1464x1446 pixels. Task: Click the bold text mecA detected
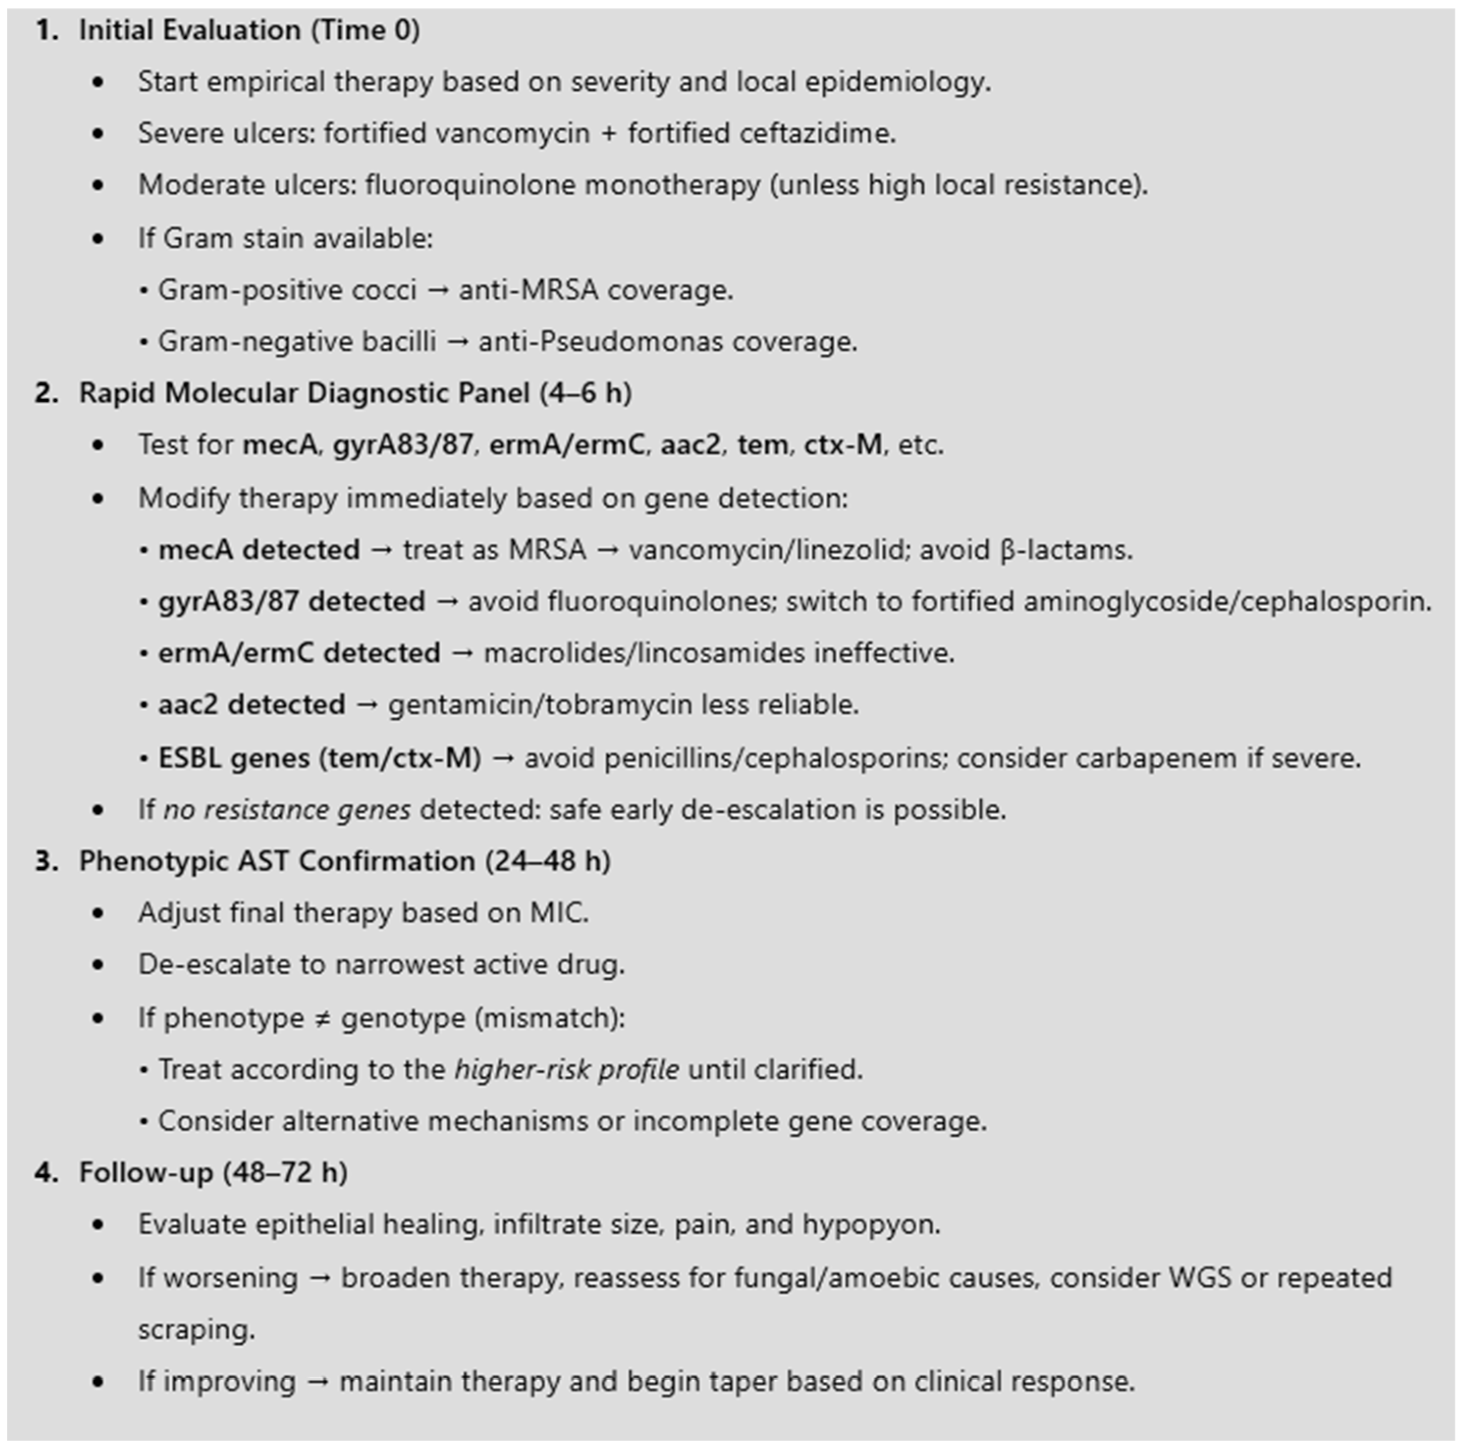click(x=259, y=550)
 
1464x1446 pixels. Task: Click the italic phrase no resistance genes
click(x=287, y=810)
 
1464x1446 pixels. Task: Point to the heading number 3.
click(x=46, y=861)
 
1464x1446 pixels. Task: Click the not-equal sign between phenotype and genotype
click(x=322, y=1018)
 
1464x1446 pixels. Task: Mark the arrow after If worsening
click(x=319, y=1278)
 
